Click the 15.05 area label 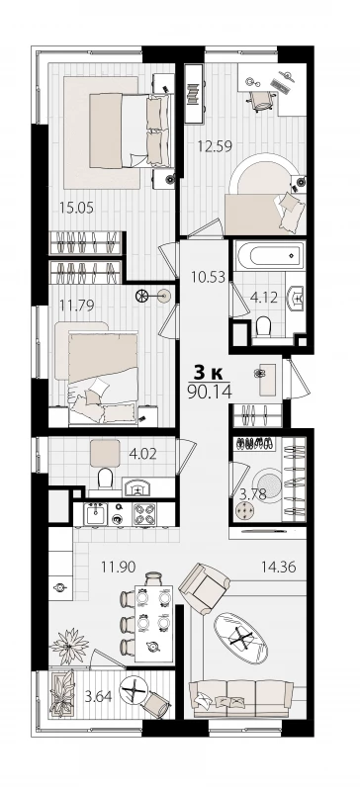click(x=77, y=208)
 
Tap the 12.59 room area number click(x=215, y=146)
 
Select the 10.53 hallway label click(x=208, y=277)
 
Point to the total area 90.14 click(x=210, y=392)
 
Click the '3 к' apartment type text click(x=209, y=373)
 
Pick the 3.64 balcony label click(x=98, y=698)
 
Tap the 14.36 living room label click(x=278, y=567)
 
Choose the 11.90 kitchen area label click(x=118, y=567)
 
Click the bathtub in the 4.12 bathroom click(x=270, y=256)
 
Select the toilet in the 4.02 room click(x=106, y=479)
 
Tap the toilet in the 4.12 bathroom click(x=263, y=328)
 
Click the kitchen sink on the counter click(x=95, y=514)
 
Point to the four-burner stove click(x=143, y=514)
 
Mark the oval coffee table click(x=240, y=637)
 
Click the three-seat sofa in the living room click(x=241, y=698)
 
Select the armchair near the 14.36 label click(x=205, y=588)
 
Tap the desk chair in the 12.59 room click(x=261, y=100)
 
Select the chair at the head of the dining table click(x=153, y=579)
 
